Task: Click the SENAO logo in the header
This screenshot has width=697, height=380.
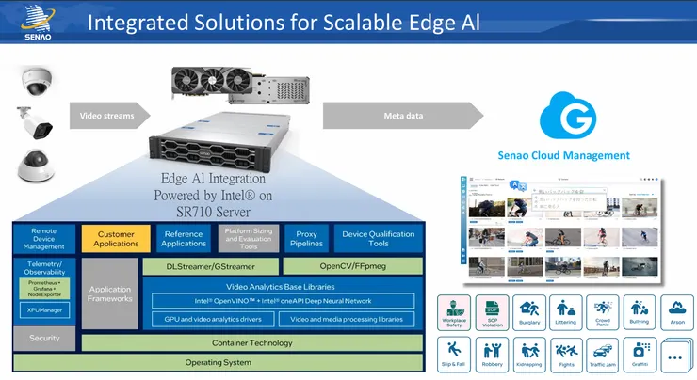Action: tap(32, 22)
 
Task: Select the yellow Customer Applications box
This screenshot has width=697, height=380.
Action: tap(116, 239)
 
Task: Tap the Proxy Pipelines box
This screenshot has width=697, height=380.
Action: tap(306, 239)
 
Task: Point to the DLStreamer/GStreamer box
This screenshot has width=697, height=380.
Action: tap(211, 266)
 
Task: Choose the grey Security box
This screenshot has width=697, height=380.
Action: tap(44, 338)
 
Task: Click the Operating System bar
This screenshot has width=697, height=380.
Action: tap(218, 362)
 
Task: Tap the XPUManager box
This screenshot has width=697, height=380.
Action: tap(44, 308)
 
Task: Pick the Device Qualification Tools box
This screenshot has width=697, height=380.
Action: tap(379, 239)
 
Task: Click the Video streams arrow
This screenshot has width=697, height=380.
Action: tap(106, 117)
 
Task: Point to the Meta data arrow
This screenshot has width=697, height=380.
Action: tap(414, 117)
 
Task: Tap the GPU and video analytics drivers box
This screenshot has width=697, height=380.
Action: tap(214, 319)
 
